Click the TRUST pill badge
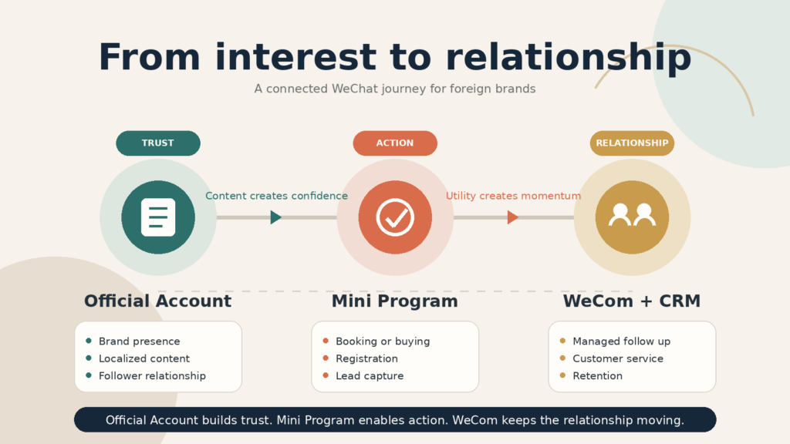[158, 143]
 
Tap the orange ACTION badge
[395, 143]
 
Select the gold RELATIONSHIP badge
[632, 143]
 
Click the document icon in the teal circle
[158, 217]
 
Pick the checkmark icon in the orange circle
[395, 217]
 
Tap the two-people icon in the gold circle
[632, 215]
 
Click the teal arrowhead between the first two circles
[275, 217]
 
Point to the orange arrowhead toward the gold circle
[513, 217]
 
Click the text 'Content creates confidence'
[277, 196]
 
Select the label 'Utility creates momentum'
[513, 196]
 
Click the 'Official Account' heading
[157, 301]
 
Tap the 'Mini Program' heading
[395, 301]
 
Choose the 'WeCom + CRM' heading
[632, 301]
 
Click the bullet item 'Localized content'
[144, 358]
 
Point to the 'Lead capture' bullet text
[370, 376]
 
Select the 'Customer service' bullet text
[618, 358]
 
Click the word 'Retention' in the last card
[598, 376]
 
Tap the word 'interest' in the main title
[295, 57]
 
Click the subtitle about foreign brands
[395, 89]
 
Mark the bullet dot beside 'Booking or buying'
[326, 341]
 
